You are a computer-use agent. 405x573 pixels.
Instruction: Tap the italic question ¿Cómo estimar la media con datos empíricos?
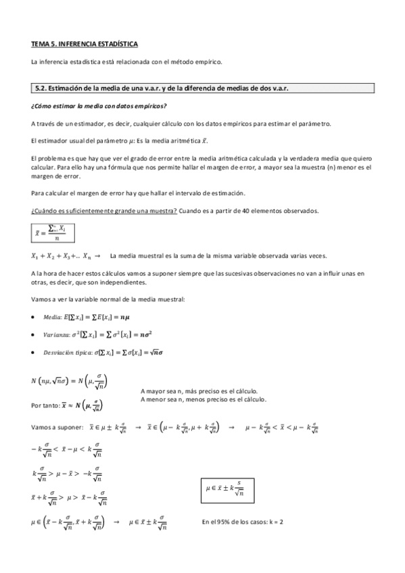tap(99, 107)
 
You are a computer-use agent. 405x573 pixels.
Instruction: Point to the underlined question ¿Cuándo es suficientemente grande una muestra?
tap(104, 211)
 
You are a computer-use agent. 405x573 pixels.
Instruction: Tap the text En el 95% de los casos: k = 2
tap(242, 522)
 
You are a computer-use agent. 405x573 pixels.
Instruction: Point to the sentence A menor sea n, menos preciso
tap(204, 399)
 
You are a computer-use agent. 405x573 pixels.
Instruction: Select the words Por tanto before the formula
tap(46, 405)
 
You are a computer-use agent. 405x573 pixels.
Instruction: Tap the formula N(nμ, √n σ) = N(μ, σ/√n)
tap(69, 383)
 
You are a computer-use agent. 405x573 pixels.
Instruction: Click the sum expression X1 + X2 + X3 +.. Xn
tap(62, 256)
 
